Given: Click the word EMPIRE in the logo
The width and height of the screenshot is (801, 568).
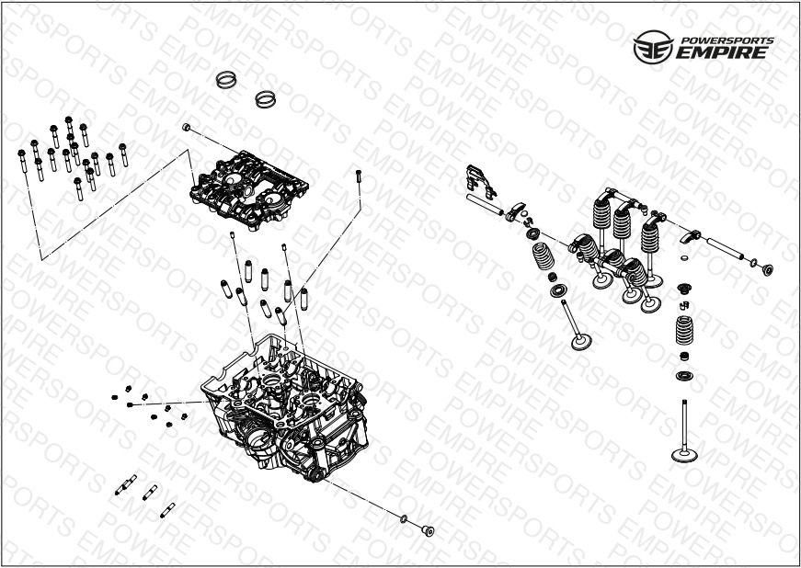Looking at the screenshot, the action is click(721, 52).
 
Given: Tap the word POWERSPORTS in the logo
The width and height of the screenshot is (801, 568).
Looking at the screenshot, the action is click(728, 40).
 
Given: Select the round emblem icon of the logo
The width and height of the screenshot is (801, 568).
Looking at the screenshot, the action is click(653, 47).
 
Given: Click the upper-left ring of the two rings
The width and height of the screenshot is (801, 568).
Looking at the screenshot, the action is click(226, 79).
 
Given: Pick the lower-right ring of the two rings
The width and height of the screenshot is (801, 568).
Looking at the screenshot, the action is click(265, 99).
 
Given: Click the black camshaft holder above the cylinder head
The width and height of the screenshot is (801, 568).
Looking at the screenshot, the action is click(249, 190).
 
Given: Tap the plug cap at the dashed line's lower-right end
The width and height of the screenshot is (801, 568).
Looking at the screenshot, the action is click(428, 530).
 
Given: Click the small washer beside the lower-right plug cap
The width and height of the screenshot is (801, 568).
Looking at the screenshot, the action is click(404, 519).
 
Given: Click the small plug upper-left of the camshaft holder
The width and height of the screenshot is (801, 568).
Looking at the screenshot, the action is click(187, 127).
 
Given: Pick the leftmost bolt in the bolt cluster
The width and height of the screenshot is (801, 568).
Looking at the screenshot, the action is click(22, 161).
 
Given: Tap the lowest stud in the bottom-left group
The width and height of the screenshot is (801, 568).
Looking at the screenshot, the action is click(167, 510).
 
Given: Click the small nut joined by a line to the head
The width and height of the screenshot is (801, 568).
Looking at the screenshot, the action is click(130, 404).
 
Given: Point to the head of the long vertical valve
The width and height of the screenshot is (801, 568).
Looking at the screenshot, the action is click(684, 454).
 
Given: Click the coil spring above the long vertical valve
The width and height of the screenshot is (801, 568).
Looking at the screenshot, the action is click(684, 331).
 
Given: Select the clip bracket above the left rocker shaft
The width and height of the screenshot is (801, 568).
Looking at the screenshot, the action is click(481, 181).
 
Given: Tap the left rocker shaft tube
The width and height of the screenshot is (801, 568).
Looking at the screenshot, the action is click(485, 204).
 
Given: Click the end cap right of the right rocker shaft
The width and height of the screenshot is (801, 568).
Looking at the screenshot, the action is click(767, 270).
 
